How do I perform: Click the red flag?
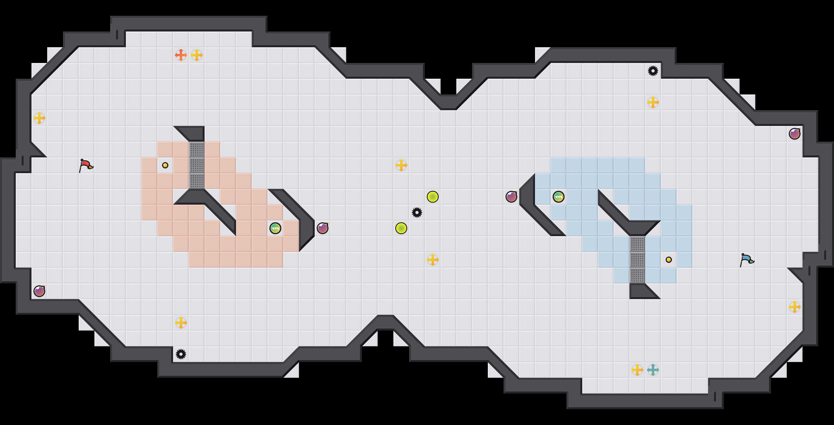[86, 165]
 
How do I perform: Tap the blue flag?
[747, 260]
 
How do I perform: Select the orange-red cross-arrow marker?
[181, 55]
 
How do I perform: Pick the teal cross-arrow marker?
[653, 370]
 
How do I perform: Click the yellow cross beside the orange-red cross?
[197, 55]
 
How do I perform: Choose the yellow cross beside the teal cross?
[637, 370]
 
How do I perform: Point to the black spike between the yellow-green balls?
[417, 213]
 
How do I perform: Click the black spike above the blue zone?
[653, 71]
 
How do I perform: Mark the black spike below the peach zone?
[181, 354]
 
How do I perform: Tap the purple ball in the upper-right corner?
[795, 134]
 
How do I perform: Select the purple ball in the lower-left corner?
[39, 291]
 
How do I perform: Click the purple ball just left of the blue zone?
[511, 197]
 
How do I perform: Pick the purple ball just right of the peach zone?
[323, 228]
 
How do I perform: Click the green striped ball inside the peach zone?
[275, 228]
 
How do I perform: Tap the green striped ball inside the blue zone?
[559, 197]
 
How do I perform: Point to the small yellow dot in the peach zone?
[165, 165]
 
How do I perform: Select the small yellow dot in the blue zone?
[669, 260]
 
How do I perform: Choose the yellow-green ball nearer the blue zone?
[433, 197]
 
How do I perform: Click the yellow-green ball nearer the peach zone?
[401, 228]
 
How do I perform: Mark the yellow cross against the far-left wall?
[39, 118]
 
